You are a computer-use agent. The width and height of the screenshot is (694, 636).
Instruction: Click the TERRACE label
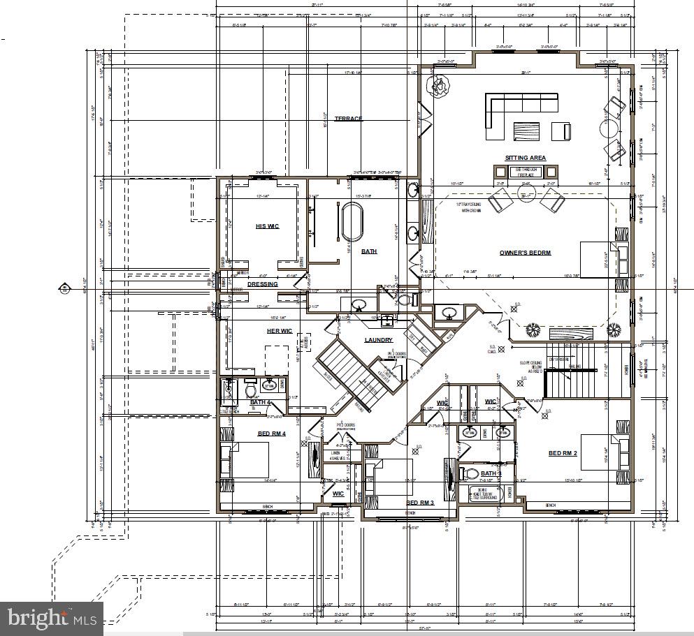pyautogui.click(x=348, y=119)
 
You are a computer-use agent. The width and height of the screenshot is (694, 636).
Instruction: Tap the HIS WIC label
pyautogui.click(x=267, y=226)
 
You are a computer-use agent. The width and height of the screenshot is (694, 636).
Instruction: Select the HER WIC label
pyautogui.click(x=280, y=331)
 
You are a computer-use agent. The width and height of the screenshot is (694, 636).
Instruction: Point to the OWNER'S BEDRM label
pyautogui.click(x=525, y=252)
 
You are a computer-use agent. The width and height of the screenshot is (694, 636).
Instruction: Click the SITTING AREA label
pyautogui.click(x=526, y=158)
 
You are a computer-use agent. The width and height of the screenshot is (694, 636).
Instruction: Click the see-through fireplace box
pyautogui.click(x=525, y=171)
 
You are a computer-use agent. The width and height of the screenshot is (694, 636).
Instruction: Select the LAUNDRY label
pyautogui.click(x=379, y=340)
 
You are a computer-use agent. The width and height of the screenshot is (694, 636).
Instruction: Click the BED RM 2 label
pyautogui.click(x=563, y=453)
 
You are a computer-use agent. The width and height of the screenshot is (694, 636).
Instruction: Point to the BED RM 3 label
pyautogui.click(x=420, y=503)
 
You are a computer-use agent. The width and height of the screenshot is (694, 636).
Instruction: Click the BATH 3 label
pyautogui.click(x=491, y=474)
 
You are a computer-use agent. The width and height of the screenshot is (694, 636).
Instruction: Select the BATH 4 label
pyautogui.click(x=261, y=402)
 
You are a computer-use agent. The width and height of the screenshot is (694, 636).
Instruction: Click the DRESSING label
pyautogui.click(x=262, y=284)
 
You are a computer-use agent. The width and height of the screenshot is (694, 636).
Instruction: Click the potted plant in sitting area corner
pyautogui.click(x=440, y=87)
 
